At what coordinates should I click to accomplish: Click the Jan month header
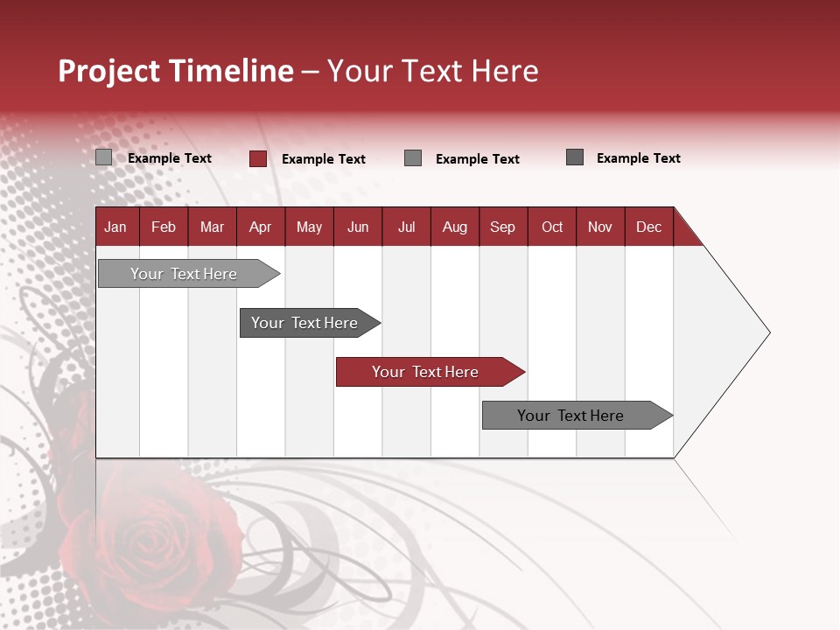115,227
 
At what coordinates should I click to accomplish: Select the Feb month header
164,227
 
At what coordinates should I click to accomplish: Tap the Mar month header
212,227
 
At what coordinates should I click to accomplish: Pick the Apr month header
260,227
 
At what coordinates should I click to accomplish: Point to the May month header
309,227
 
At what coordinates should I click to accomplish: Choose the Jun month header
358,227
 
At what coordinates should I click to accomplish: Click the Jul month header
406,227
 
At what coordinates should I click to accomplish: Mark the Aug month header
455,227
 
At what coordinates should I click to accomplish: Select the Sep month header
503,227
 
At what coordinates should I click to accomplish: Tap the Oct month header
552,227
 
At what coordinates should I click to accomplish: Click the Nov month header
600,227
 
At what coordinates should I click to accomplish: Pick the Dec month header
649,227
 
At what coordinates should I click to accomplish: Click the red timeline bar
426,372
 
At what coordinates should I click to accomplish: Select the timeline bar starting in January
185,274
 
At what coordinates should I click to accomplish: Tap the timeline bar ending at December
571,416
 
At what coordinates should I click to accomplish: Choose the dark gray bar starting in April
305,323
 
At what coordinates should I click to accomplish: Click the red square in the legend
258,158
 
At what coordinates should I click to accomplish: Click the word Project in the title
109,71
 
